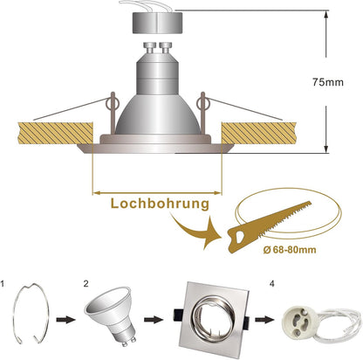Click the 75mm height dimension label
tap(328, 82)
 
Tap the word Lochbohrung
tap(160, 204)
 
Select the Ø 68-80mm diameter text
tap(290, 250)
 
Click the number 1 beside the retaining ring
tap(3, 284)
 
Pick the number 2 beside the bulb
tap(86, 284)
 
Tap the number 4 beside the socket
tap(271, 284)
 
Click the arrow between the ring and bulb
tap(65, 320)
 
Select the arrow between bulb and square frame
tap(154, 320)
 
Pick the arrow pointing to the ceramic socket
tap(264, 320)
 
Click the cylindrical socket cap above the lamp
tap(157, 23)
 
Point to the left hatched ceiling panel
tap(55, 133)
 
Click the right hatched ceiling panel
tap(259, 133)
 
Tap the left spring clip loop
tap(113, 102)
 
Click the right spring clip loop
tap(202, 102)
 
